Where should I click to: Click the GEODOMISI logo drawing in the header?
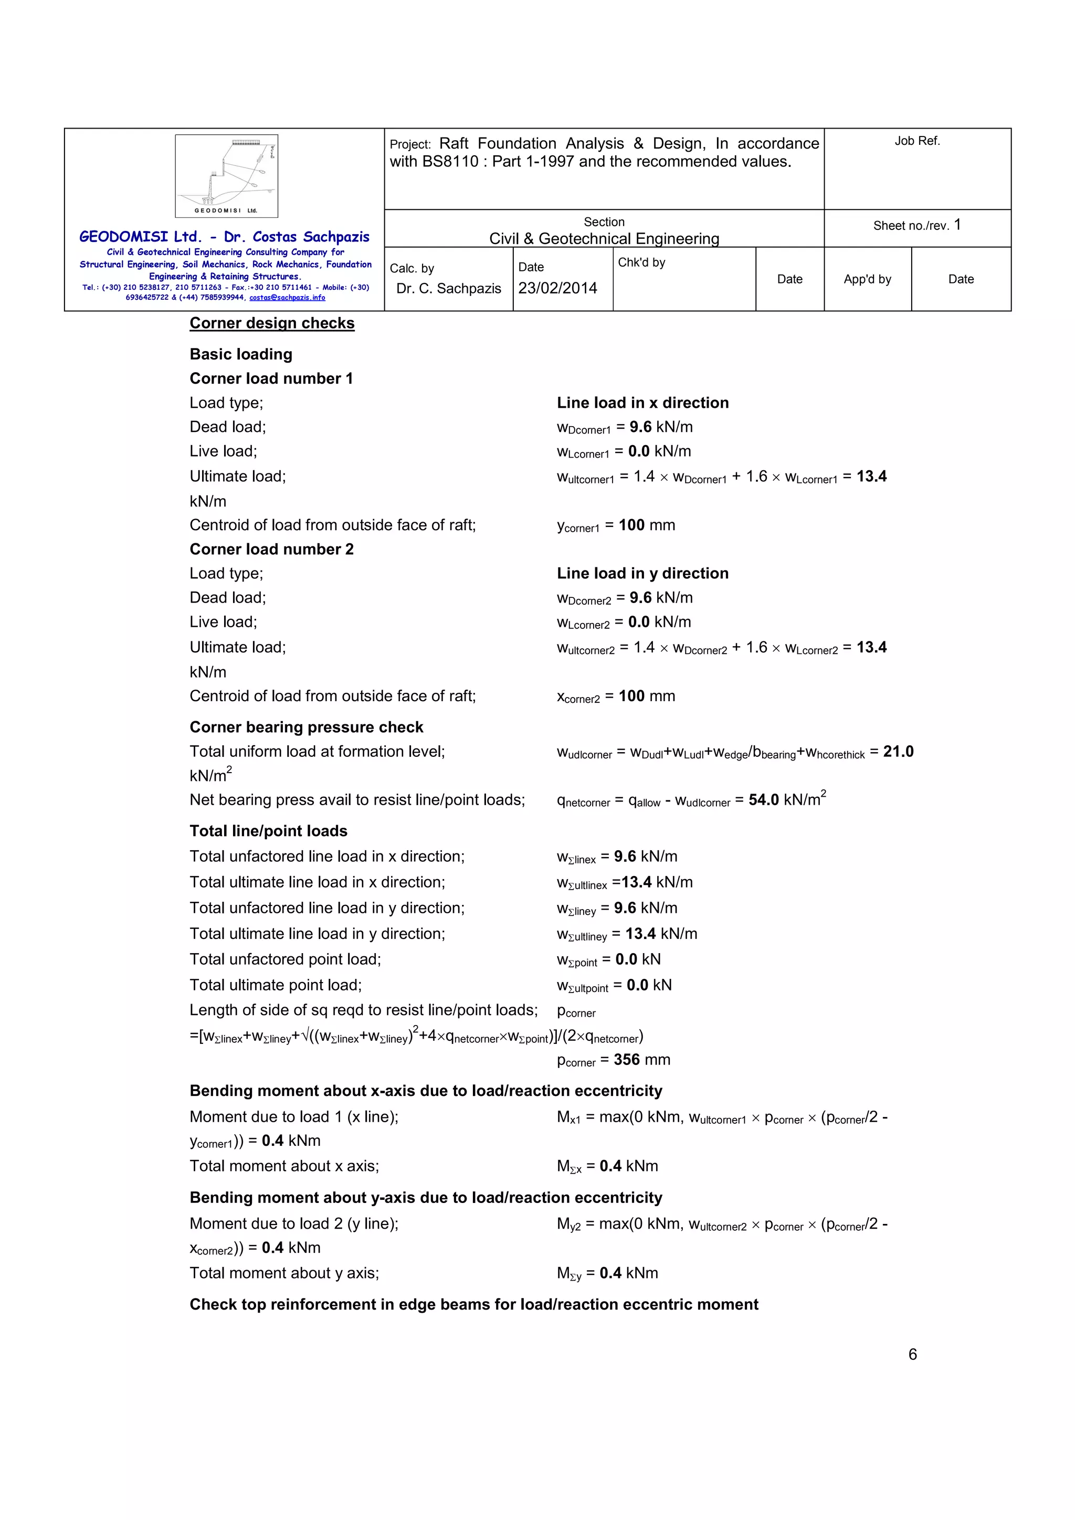(x=226, y=175)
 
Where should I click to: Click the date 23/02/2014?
(x=557, y=288)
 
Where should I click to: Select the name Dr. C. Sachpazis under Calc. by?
(x=449, y=289)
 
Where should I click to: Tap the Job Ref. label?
(x=917, y=141)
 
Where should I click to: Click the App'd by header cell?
(x=867, y=279)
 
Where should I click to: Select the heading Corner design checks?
(x=272, y=323)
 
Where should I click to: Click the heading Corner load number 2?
(x=271, y=549)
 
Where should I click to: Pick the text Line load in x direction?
(x=642, y=403)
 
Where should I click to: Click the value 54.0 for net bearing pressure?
(x=763, y=800)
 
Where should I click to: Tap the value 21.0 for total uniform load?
(x=898, y=752)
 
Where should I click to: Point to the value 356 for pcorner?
(x=626, y=1059)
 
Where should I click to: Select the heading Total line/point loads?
(x=268, y=831)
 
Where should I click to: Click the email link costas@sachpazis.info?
(x=287, y=298)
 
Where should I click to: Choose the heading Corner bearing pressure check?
(x=306, y=727)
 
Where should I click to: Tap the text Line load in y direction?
(x=642, y=573)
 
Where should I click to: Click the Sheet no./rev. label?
(x=911, y=226)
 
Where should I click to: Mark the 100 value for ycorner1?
(x=631, y=525)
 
